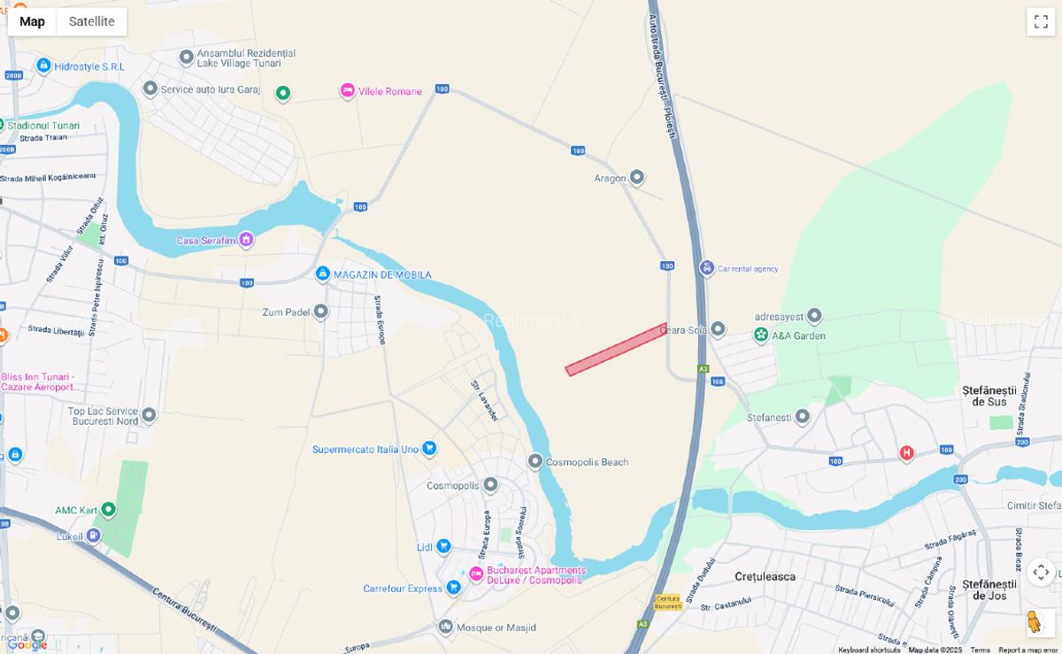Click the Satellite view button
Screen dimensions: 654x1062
[x=92, y=21]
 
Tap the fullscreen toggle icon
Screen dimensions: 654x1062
[x=1040, y=22]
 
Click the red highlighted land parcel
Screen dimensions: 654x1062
[x=616, y=350]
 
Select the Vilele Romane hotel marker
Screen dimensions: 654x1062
[x=348, y=91]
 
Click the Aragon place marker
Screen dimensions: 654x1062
[x=636, y=178]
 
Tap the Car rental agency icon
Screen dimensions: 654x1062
[x=706, y=268]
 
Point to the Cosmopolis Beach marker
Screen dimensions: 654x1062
[x=535, y=461]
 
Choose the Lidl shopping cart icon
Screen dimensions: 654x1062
[x=443, y=547]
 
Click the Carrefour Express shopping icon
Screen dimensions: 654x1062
[x=453, y=588]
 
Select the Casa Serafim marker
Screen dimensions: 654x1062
[x=246, y=240]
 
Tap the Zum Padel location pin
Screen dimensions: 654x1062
[x=321, y=312]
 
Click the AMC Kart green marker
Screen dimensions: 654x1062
[x=108, y=509]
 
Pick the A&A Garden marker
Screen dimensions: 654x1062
[x=761, y=335]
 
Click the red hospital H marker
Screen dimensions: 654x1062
[x=906, y=453]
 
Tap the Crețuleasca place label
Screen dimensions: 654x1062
[x=765, y=576]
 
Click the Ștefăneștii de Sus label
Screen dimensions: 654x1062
[x=984, y=396]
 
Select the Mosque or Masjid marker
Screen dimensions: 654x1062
[x=446, y=627]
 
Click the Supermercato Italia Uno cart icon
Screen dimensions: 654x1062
[x=429, y=449]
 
